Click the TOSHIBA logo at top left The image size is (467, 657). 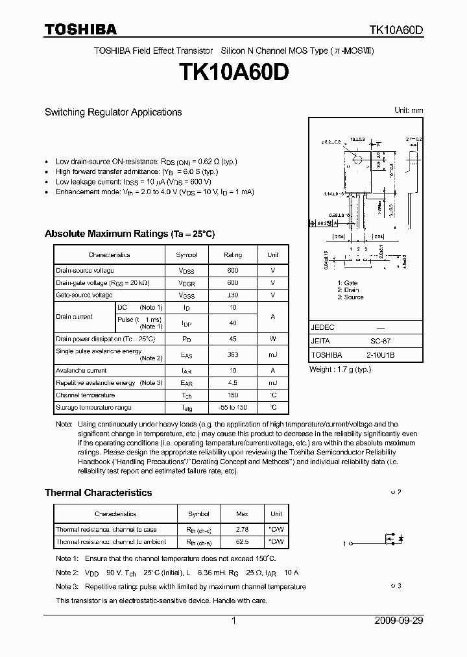coord(80,29)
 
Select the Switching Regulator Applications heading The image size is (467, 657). coord(113,112)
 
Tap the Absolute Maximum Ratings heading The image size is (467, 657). coord(129,234)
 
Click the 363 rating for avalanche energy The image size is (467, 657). coord(233,354)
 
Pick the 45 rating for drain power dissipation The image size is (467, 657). coord(233,338)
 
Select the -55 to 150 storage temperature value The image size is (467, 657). coord(233,407)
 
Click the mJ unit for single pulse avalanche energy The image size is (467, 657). coord(273,354)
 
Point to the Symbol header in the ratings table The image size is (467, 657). coord(187,255)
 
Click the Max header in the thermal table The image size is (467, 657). coord(242,514)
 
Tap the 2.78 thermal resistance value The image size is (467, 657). coord(242,530)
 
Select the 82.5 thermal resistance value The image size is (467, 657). coord(242,541)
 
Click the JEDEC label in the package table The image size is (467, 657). coord(323,327)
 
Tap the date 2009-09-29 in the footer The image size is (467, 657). coord(399,621)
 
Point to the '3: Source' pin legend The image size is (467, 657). coord(350,297)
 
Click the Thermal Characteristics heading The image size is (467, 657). coord(98,493)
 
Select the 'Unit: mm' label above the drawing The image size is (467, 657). coord(409,110)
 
